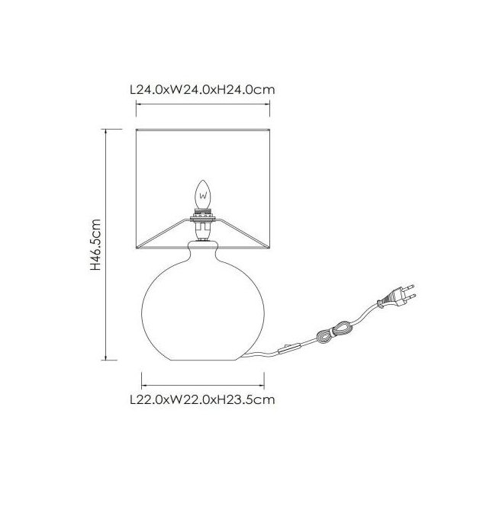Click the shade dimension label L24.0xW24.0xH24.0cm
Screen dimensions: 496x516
[x=202, y=89]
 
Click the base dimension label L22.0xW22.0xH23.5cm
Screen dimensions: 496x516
[x=202, y=400]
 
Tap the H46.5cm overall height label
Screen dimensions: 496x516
[x=95, y=245]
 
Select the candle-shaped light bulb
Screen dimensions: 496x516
[x=203, y=194]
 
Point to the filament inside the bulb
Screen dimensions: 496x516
[x=203, y=197]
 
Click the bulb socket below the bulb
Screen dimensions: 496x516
[x=202, y=224]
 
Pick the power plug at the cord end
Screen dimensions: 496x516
[x=397, y=296]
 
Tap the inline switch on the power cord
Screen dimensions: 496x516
[x=289, y=348]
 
